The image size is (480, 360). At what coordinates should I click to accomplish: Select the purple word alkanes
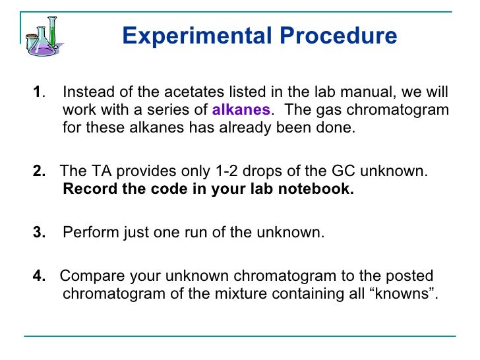pos(241,109)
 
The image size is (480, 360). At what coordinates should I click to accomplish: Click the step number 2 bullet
pos(39,171)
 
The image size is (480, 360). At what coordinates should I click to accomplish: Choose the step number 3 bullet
pos(39,233)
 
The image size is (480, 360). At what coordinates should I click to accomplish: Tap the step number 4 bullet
pos(39,276)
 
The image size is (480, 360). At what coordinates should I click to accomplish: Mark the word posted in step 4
pos(412,276)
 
